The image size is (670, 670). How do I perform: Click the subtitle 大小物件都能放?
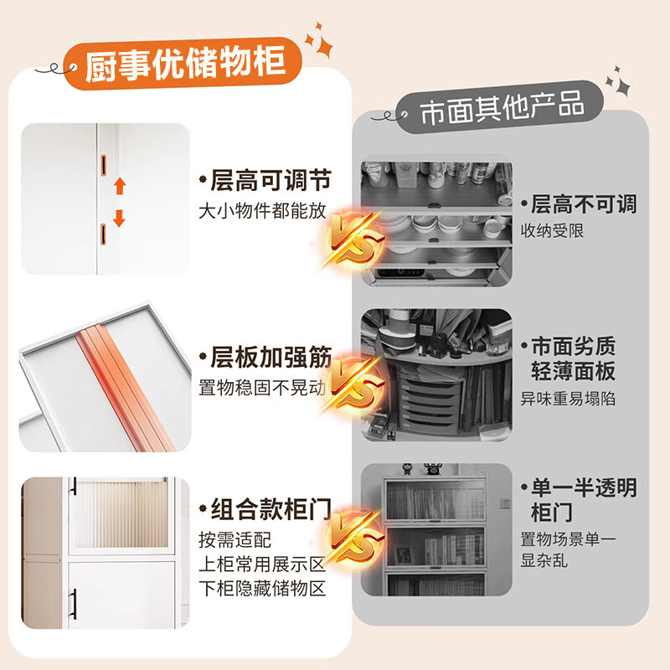point(262,211)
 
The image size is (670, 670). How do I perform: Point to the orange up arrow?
point(119,186)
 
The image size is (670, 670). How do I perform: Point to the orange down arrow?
point(119,218)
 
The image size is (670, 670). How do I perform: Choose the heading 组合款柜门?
point(265,508)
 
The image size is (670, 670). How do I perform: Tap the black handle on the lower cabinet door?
point(75,600)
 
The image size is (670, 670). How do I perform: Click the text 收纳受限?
point(553,230)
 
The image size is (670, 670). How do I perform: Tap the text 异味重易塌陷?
point(569,399)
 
